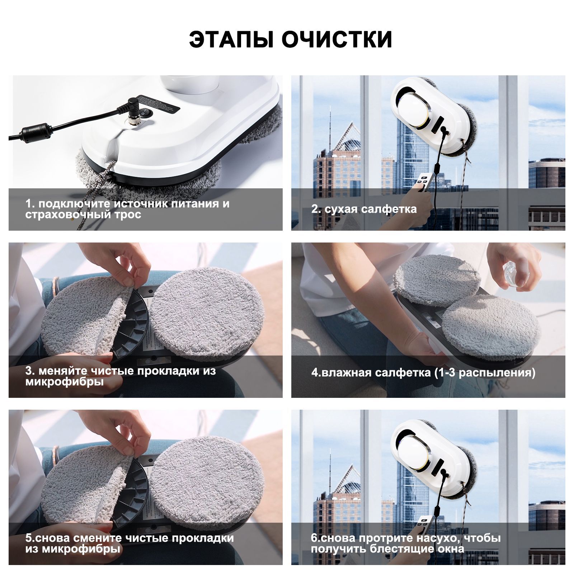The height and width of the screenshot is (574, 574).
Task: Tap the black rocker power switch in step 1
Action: (146, 113)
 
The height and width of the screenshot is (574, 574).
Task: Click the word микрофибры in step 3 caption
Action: (65, 382)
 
